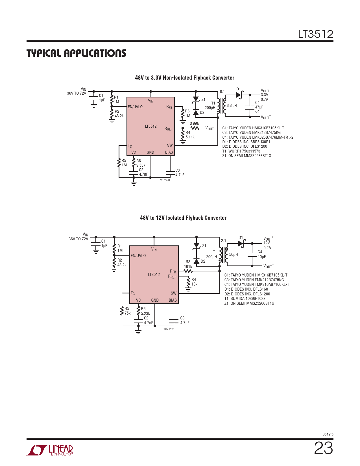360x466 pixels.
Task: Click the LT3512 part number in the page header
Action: [316, 34]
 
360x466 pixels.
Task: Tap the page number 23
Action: [324, 448]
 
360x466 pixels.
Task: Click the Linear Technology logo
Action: [50, 450]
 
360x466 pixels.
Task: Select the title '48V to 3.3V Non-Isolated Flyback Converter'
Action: [184, 78]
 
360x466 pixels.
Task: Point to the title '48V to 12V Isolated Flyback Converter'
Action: [183, 218]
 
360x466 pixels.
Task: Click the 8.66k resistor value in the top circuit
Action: [195, 124]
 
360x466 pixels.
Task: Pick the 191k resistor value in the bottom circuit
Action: [188, 267]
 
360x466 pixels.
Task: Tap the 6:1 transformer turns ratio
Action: [222, 92]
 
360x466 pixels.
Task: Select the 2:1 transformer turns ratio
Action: [223, 241]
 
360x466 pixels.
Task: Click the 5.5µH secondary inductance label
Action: [232, 106]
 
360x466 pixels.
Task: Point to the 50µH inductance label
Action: [234, 254]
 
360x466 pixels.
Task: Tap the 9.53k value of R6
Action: [141, 165]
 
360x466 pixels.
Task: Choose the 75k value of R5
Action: [127, 313]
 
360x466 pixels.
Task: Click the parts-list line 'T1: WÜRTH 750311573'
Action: [241, 151]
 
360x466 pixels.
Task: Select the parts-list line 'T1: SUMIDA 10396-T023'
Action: [245, 299]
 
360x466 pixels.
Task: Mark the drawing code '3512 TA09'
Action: [165, 180]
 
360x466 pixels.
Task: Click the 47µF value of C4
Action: [259, 107]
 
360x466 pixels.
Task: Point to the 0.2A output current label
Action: [267, 248]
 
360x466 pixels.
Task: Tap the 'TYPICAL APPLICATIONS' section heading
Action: [76, 53]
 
